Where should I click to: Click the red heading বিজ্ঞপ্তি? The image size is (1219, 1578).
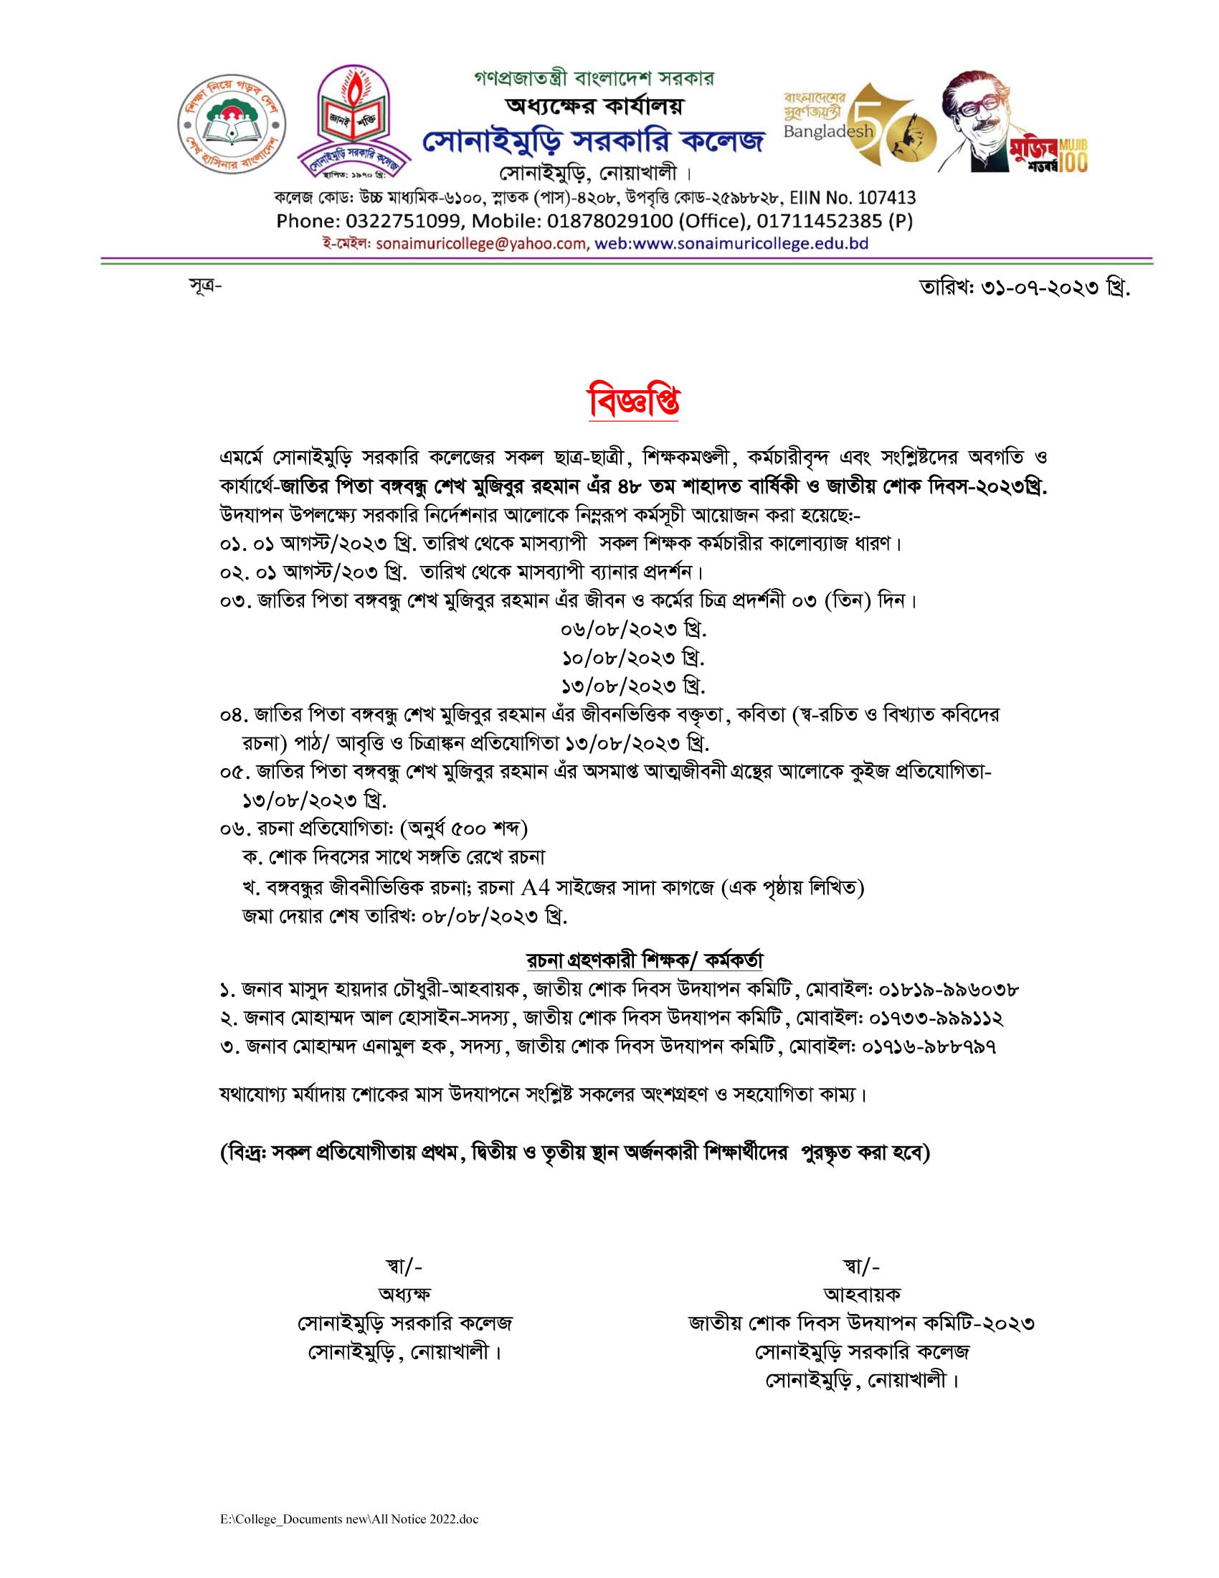click(633, 401)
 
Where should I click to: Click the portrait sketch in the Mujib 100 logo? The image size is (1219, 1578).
click(980, 119)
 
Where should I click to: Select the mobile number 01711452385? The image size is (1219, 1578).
click(820, 221)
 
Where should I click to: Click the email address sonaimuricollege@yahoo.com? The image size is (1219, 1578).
click(482, 243)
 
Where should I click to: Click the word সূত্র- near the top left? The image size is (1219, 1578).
click(205, 286)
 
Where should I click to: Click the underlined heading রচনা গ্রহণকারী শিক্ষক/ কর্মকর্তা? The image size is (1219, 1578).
click(644, 960)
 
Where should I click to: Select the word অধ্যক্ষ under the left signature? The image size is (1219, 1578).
click(404, 1294)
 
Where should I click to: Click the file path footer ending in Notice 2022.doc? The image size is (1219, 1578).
click(349, 1519)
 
